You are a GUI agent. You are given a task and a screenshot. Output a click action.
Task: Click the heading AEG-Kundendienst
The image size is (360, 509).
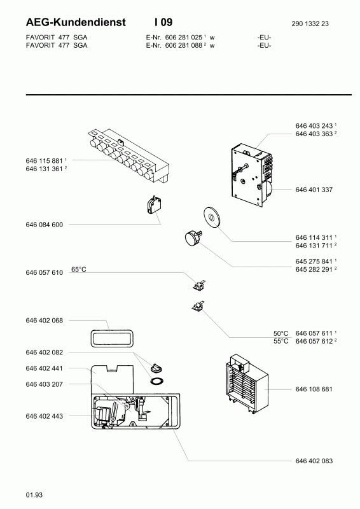point(76,22)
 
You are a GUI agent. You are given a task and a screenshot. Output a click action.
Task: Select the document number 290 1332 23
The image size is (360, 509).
point(310,24)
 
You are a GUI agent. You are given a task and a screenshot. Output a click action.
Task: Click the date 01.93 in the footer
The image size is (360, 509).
point(34,495)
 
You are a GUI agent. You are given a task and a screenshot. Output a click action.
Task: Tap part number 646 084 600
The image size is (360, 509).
point(44,225)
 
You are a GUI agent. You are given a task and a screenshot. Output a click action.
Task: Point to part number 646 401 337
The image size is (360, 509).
point(314,190)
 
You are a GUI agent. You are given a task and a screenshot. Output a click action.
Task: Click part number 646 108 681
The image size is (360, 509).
point(314,389)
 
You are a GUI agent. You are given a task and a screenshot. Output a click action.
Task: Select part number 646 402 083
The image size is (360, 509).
point(314,461)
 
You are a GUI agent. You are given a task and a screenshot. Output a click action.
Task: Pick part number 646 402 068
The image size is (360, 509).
point(44,321)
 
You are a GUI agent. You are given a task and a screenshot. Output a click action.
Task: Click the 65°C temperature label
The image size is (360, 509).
point(79,269)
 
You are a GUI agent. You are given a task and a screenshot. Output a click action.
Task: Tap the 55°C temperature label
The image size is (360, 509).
point(280,341)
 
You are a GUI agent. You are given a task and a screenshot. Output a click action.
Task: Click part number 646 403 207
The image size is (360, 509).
point(44,384)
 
